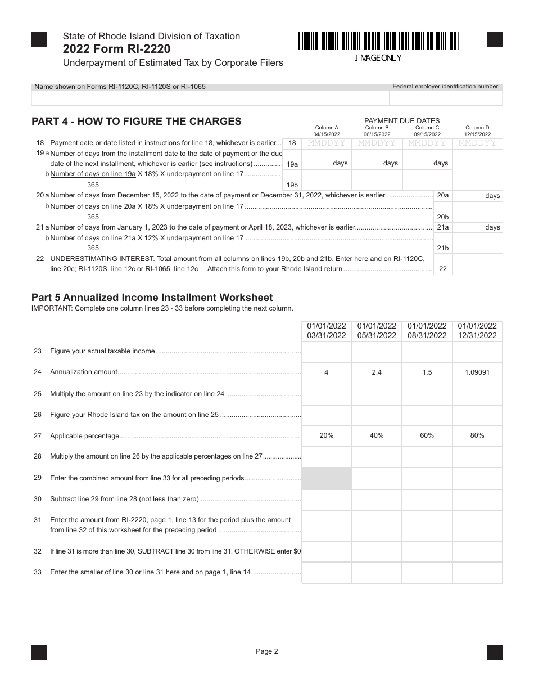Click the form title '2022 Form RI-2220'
(117, 49)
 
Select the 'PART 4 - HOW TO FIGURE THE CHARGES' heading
(137, 122)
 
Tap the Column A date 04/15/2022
(327, 134)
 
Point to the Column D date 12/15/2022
(477, 134)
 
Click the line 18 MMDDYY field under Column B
(377, 143)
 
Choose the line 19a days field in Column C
(427, 163)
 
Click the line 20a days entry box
(477, 195)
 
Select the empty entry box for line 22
(477, 264)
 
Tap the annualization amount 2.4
(377, 372)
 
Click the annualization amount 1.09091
(477, 372)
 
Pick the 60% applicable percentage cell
(427, 435)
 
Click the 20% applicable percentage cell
(327, 435)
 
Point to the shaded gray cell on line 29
(327, 478)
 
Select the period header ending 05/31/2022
(377, 331)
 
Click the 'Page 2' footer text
(267, 651)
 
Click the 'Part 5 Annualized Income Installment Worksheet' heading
(152, 298)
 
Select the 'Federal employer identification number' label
(445, 87)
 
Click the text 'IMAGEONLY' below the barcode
(378, 58)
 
